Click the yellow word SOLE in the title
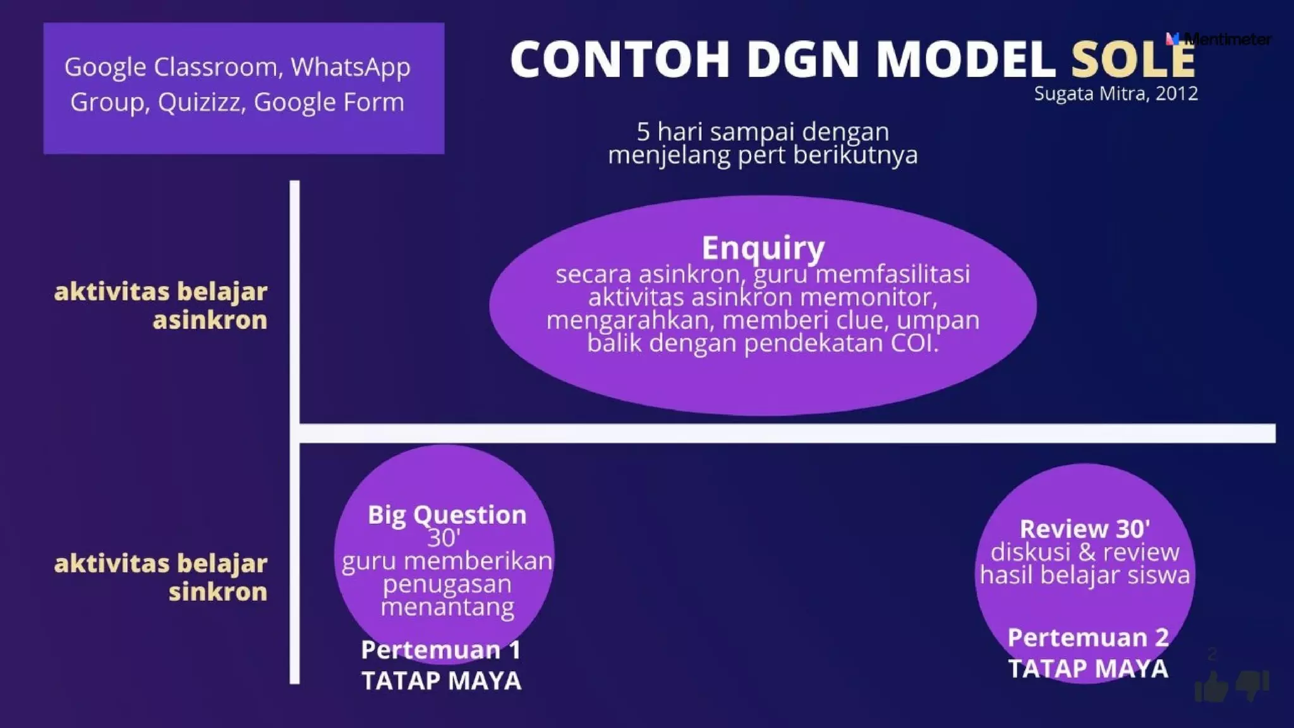pyautogui.click(x=1132, y=59)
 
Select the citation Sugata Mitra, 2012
pyautogui.click(x=1115, y=94)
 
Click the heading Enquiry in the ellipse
pyautogui.click(x=763, y=247)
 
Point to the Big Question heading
pyautogui.click(x=447, y=514)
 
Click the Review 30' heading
pyautogui.click(x=1084, y=528)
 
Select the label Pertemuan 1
pyautogui.click(x=440, y=650)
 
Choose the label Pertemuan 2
pyautogui.click(x=1087, y=637)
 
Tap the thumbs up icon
pyautogui.click(x=1211, y=686)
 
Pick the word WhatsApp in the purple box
pyautogui.click(x=350, y=67)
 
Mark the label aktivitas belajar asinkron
pyautogui.click(x=160, y=306)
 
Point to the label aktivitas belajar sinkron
pyautogui.click(x=160, y=577)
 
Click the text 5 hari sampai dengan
pyautogui.click(x=763, y=131)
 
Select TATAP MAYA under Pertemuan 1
pyautogui.click(x=441, y=681)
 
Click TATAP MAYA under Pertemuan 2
pyautogui.click(x=1087, y=668)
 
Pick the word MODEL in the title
pyautogui.click(x=965, y=59)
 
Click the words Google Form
pyautogui.click(x=329, y=102)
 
